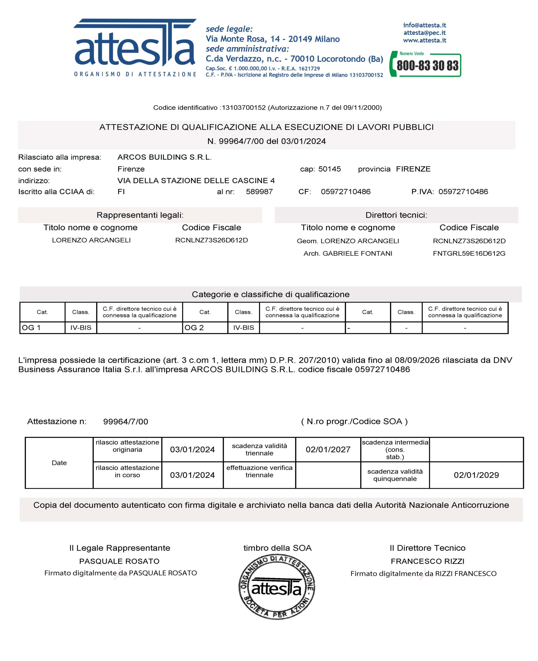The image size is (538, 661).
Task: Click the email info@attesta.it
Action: click(425, 25)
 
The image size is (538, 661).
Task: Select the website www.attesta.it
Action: click(425, 40)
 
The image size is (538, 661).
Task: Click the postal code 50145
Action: click(329, 169)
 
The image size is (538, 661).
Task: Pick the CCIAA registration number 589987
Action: click(259, 192)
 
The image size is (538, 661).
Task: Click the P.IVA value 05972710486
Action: click(463, 192)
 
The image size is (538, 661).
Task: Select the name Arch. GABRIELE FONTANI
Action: click(348, 254)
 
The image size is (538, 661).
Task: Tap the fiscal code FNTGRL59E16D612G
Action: click(469, 254)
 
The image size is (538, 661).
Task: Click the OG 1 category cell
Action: click(42, 328)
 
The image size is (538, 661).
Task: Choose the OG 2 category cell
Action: click(205, 328)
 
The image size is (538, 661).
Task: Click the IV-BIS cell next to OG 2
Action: click(244, 328)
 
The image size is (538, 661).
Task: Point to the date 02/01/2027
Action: click(328, 449)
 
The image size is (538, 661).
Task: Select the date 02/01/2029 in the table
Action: click(476, 475)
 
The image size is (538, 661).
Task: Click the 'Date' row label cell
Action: click(59, 463)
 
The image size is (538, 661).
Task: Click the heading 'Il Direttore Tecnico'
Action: click(427, 548)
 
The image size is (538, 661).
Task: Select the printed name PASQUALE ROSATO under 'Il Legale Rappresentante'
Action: click(119, 561)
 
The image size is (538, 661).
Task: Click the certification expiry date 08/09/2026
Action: click(417, 360)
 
